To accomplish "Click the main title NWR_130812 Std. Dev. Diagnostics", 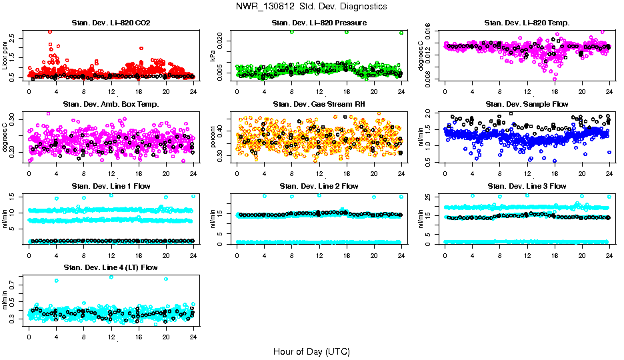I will click(x=311, y=7).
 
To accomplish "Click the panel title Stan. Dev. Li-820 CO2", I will click(x=111, y=23).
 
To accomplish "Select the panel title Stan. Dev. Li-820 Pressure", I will click(x=319, y=23).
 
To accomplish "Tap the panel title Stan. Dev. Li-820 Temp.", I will click(x=527, y=23).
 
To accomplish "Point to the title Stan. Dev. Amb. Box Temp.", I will click(x=111, y=104).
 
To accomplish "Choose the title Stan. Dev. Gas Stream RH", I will click(x=319, y=104).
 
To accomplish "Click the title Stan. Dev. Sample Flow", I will click(x=527, y=104).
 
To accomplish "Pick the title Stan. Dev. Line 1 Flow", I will click(x=111, y=186).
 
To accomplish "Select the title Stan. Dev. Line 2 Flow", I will click(x=319, y=186).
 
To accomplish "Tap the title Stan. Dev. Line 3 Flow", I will click(x=527, y=186).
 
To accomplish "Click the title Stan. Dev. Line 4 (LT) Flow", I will click(x=111, y=267).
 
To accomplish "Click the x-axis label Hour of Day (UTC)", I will click(x=311, y=351).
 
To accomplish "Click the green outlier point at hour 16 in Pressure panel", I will click(x=347, y=32).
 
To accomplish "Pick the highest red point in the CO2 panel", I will click(x=50, y=31).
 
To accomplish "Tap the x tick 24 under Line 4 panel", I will click(x=193, y=337).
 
